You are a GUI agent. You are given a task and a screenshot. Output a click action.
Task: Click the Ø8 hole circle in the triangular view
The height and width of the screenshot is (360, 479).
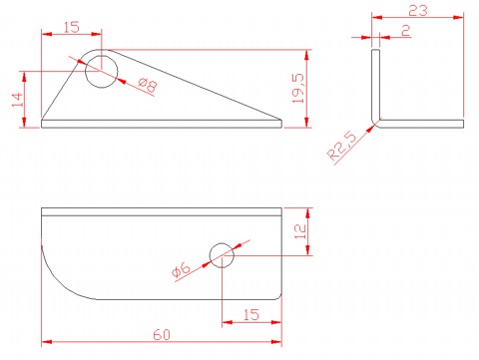tap(85, 72)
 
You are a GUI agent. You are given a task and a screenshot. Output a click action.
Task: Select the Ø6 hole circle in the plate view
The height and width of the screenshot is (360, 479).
tap(210, 255)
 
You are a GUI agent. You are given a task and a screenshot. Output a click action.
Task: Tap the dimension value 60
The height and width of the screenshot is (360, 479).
tap(162, 335)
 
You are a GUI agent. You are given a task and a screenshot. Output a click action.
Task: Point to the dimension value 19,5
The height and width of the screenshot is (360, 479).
tap(298, 89)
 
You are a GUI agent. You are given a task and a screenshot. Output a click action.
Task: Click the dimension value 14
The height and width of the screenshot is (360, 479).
tap(18, 100)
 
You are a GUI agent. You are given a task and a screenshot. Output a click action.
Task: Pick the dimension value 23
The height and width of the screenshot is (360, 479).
tap(418, 11)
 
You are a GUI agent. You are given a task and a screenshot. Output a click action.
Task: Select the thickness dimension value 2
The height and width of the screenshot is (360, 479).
tap(406, 31)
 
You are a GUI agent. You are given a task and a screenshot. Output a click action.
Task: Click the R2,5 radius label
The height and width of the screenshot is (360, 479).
tap(341, 146)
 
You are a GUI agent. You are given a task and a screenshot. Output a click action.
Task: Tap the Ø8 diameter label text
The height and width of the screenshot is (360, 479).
tap(148, 85)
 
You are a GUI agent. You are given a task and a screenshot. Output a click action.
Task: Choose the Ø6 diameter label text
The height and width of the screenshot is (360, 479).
tap(181, 269)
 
